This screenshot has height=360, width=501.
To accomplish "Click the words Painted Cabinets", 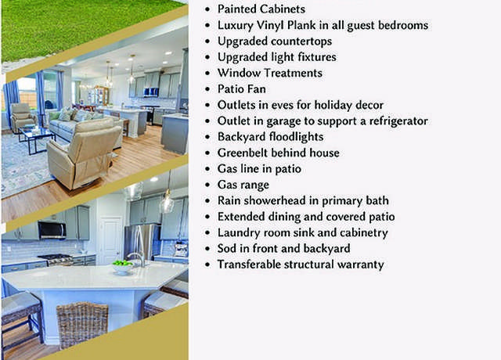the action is click(261, 9).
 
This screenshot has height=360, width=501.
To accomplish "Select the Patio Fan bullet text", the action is click(242, 88).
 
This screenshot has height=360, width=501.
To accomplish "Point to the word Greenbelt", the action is click(249, 153).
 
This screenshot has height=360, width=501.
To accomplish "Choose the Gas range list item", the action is click(243, 185).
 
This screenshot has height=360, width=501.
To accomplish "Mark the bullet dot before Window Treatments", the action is click(208, 73).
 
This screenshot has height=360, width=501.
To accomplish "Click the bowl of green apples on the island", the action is click(122, 267).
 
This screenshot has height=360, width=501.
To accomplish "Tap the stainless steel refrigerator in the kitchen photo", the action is click(142, 242).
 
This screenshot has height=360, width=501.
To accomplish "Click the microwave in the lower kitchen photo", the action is click(52, 229).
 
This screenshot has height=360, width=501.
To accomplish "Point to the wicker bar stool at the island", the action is click(81, 325).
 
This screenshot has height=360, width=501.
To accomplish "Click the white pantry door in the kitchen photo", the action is click(110, 239).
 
